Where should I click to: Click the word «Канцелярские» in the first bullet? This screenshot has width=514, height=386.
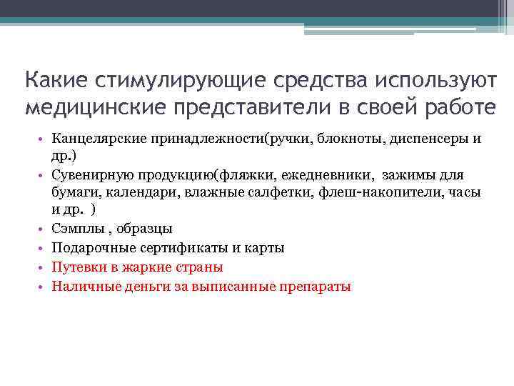coord(99,138)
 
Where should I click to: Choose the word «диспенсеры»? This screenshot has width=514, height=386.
coord(429,138)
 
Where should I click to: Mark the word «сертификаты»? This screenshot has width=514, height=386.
coord(175,248)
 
